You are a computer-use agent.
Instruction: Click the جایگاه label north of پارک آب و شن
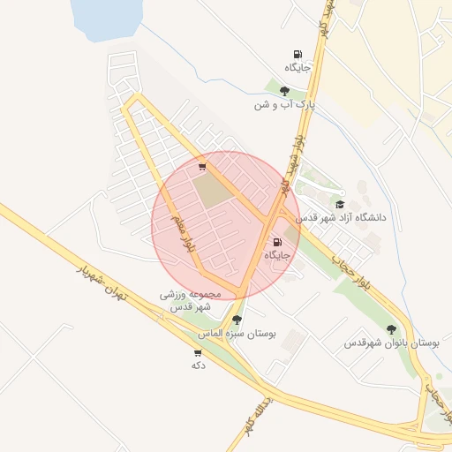298,68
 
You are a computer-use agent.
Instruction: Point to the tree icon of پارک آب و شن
284,90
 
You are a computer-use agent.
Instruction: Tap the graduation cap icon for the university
340,204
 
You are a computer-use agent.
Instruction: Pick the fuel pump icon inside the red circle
277,242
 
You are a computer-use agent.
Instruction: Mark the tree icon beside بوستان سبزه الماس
237,320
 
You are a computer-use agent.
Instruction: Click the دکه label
198,365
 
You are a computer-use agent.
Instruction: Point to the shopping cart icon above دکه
197,352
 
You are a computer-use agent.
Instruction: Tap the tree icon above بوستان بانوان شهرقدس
391,329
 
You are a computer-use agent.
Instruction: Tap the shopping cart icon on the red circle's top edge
203,166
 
